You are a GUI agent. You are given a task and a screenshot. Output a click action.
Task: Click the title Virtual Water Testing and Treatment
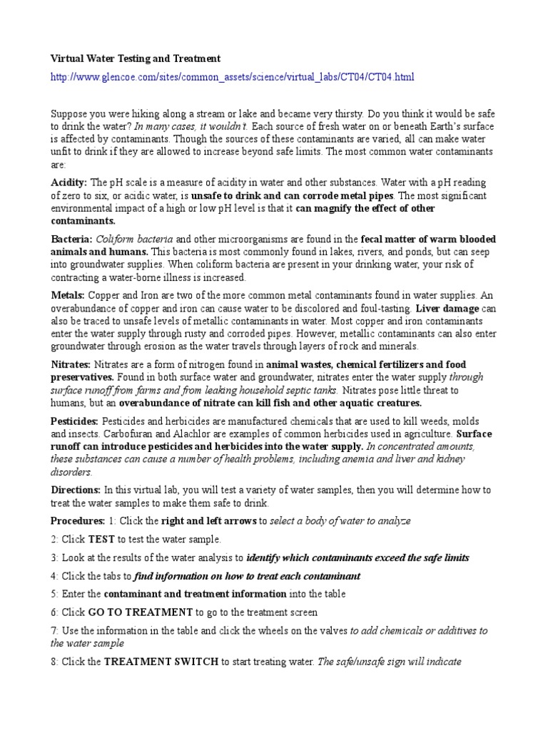(x=136, y=58)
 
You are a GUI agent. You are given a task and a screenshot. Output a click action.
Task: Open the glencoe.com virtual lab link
(x=232, y=76)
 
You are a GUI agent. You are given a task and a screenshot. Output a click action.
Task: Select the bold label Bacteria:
(x=71, y=239)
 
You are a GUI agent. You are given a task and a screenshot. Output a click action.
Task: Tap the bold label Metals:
(x=68, y=295)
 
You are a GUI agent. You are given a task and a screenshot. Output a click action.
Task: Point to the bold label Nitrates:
(x=71, y=364)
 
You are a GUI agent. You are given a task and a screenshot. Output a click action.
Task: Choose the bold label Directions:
(x=76, y=490)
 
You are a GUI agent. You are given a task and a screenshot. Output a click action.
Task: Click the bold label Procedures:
(x=78, y=521)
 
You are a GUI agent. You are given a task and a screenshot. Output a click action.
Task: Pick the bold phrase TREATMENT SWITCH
(x=161, y=662)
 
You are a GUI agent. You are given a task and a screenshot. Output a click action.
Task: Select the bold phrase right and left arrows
(x=208, y=521)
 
